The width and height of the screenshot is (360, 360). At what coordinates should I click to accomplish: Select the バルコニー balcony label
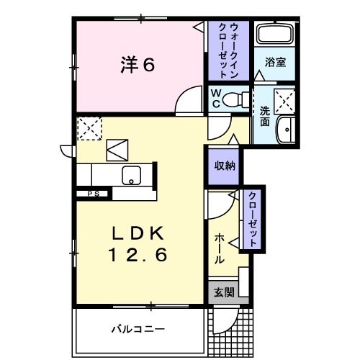[137, 330]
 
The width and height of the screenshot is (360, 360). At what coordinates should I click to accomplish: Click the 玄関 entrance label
[224, 292]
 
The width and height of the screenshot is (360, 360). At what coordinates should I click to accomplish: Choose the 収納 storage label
[222, 165]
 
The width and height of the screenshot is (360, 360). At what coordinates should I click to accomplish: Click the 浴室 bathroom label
[275, 62]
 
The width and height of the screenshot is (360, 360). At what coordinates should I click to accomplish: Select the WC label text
[215, 98]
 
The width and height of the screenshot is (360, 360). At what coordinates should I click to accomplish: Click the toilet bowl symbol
[233, 99]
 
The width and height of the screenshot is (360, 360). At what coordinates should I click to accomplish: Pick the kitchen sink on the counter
[132, 174]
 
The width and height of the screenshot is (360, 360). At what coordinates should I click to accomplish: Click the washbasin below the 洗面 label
[287, 130]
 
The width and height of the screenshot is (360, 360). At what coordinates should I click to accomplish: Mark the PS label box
[93, 194]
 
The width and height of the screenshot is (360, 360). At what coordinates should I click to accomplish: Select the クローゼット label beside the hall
[253, 220]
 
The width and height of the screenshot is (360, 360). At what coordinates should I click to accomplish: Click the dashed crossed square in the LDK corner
[90, 129]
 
